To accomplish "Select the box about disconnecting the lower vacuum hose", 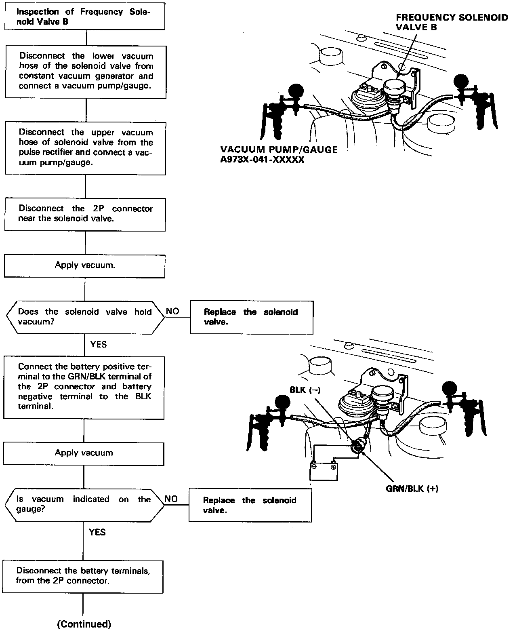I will pyautogui.click(x=86, y=71).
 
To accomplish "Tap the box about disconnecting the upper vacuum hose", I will pyautogui.click(x=85, y=148).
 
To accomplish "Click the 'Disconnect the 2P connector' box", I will pyautogui.click(x=85, y=214).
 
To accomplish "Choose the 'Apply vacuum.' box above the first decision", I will pyautogui.click(x=84, y=265).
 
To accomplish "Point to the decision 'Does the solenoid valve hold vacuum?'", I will pyautogui.click(x=85, y=317).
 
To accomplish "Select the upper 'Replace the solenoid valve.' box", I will pyautogui.click(x=251, y=317).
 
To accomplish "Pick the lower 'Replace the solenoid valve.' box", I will pyautogui.click(x=250, y=505).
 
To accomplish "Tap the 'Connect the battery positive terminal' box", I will pyautogui.click(x=84, y=387).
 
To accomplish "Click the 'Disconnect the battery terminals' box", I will pyautogui.click(x=83, y=576).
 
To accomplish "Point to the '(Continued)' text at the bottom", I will pyautogui.click(x=84, y=624).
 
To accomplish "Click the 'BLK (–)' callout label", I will pyautogui.click(x=305, y=390).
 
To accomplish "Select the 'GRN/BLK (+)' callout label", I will pyautogui.click(x=412, y=489).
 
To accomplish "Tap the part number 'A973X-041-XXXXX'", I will pyautogui.click(x=262, y=160).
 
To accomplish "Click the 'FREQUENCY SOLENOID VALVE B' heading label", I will pyautogui.click(x=452, y=22).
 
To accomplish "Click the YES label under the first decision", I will pyautogui.click(x=98, y=344).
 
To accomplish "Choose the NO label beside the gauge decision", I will pyautogui.click(x=171, y=499).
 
